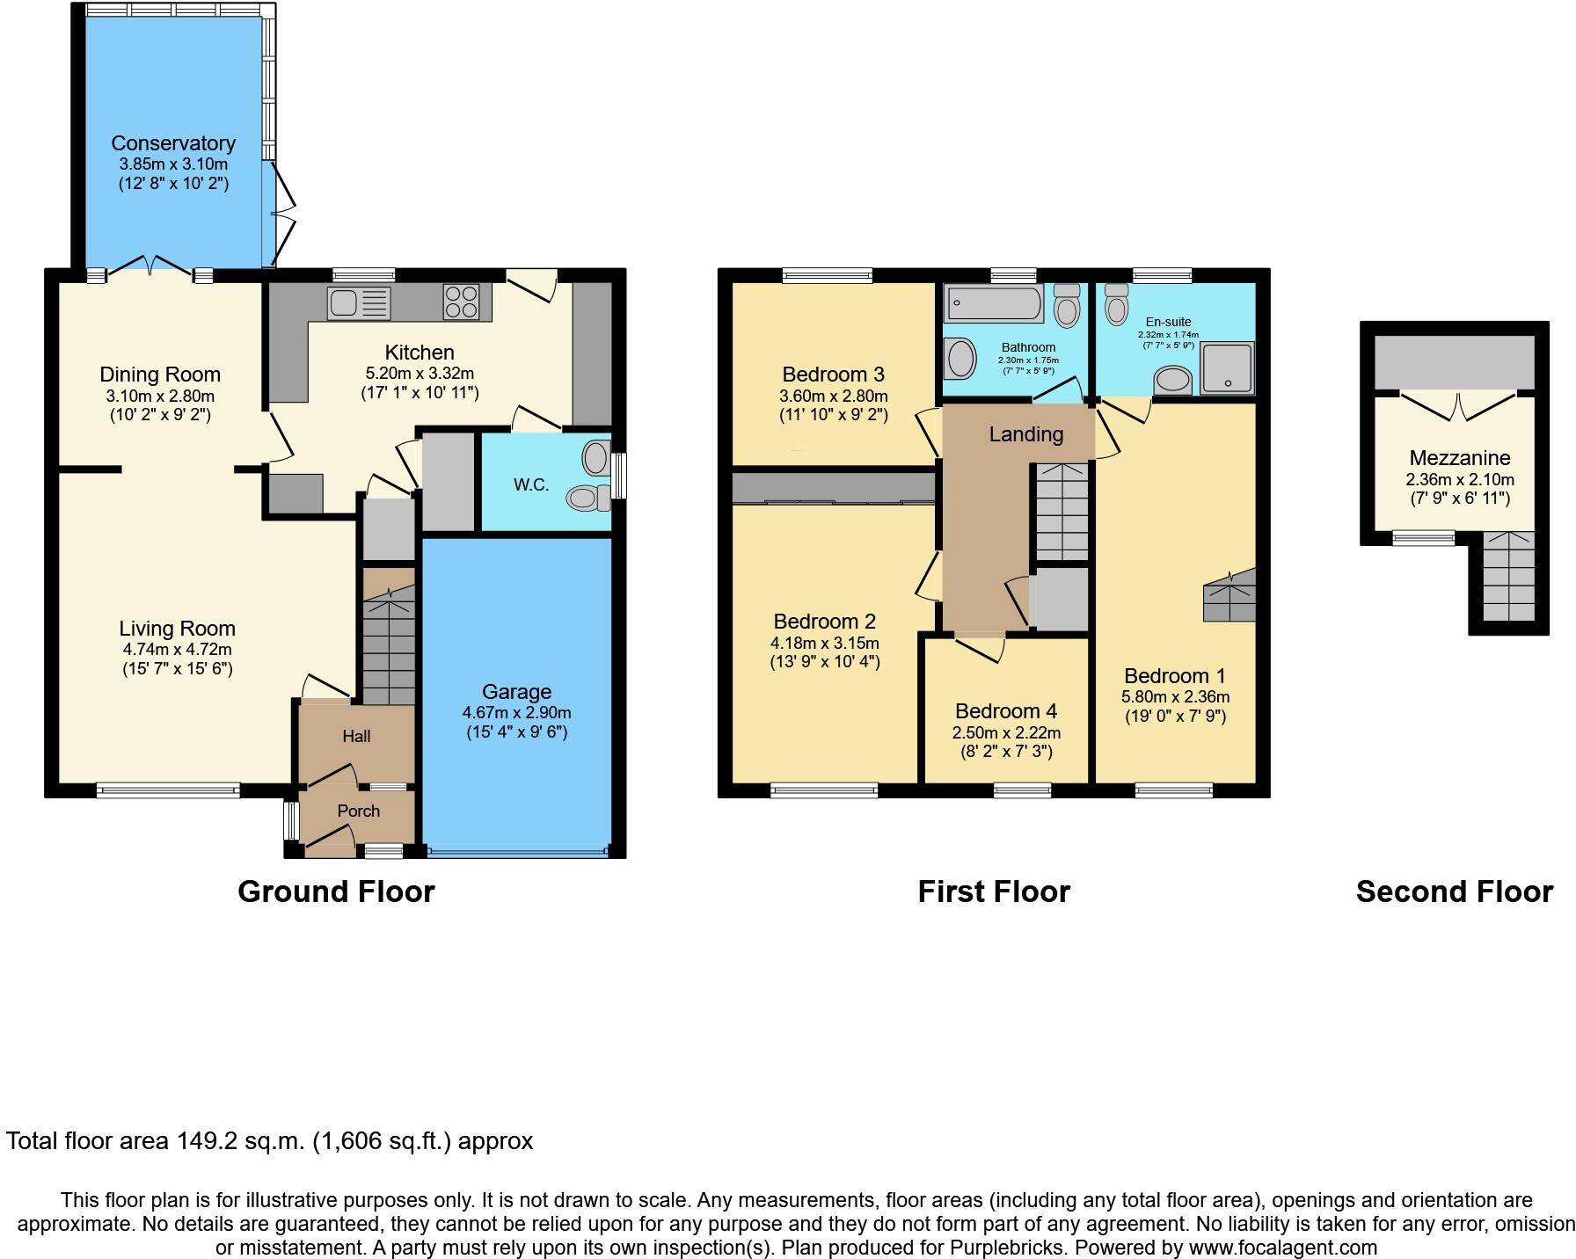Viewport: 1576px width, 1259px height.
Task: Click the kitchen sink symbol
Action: (x=359, y=303)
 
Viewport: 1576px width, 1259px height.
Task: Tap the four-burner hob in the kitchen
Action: (x=461, y=302)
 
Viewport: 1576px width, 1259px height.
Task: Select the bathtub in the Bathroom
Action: (x=994, y=305)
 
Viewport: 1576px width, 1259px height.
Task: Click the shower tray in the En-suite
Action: (x=1228, y=368)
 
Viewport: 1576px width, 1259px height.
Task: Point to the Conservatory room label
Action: (x=173, y=143)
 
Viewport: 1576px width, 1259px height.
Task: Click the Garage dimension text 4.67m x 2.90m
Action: (x=517, y=712)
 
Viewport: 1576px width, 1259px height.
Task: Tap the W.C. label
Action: (x=531, y=484)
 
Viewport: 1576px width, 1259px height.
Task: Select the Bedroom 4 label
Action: (x=1006, y=711)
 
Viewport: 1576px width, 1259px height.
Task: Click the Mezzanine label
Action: (x=1460, y=458)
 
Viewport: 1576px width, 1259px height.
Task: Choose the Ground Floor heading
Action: (x=336, y=891)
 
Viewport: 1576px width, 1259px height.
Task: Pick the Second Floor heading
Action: (x=1454, y=891)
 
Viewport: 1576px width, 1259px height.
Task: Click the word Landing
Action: (x=1025, y=434)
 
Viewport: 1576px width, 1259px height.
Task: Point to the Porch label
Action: (x=359, y=811)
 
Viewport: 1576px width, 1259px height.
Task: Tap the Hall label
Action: (x=356, y=736)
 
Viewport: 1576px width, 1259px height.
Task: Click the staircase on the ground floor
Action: (x=389, y=646)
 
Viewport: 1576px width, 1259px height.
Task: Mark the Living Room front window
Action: (x=168, y=790)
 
